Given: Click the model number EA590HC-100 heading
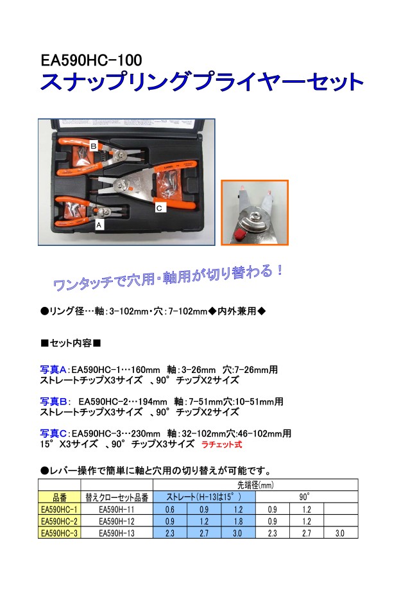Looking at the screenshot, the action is pyautogui.click(x=91, y=60).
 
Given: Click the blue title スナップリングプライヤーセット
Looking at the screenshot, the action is pyautogui.click(x=202, y=82).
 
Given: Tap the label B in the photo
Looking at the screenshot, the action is pyautogui.click(x=94, y=146).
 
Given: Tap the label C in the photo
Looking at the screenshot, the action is pyautogui.click(x=159, y=208).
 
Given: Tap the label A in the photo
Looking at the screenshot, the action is pyautogui.click(x=99, y=225).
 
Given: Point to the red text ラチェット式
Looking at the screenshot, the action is pyautogui.click(x=222, y=444).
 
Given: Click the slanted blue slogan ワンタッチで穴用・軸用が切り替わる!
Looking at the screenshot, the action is pyautogui.click(x=168, y=278).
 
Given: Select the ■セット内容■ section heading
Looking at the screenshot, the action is pyautogui.click(x=71, y=343).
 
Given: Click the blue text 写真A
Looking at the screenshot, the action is pyautogui.click(x=53, y=370).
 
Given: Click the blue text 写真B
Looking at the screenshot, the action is pyautogui.click(x=53, y=401).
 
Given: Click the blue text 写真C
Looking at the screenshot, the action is pyautogui.click(x=53, y=433).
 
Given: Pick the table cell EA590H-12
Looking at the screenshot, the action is pyautogui.click(x=117, y=521).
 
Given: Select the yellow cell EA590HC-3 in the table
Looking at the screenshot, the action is pyautogui.click(x=60, y=533).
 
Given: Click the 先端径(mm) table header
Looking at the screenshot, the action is pyautogui.click(x=255, y=485).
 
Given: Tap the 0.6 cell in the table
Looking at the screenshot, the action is pyautogui.click(x=170, y=510).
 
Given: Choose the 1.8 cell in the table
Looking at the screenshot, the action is pyautogui.click(x=239, y=521).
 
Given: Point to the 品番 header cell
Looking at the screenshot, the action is pyautogui.click(x=60, y=498).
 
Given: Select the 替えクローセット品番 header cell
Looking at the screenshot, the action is pyautogui.click(x=117, y=498).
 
